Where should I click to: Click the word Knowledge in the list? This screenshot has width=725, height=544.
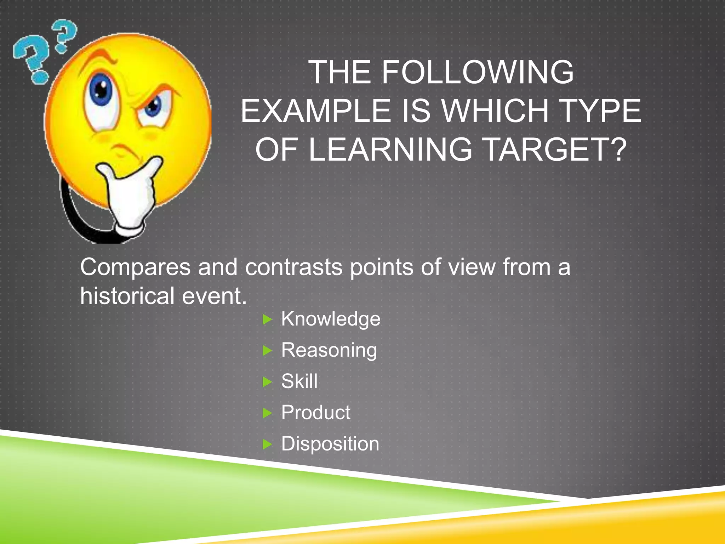coord(330,319)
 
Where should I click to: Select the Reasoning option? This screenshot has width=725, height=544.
coord(329,350)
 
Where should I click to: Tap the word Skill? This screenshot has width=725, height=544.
coord(299,381)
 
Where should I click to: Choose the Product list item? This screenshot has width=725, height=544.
coord(315,413)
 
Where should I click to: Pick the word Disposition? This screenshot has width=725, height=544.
coord(330,444)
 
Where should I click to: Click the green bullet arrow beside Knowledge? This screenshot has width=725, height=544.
coord(268,320)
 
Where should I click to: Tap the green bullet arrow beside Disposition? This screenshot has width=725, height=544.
coord(268,444)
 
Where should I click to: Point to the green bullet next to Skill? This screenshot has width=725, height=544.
coord(268,382)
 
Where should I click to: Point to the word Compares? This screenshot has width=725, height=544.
coord(135,267)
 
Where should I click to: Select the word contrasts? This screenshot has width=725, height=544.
coord(293,267)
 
